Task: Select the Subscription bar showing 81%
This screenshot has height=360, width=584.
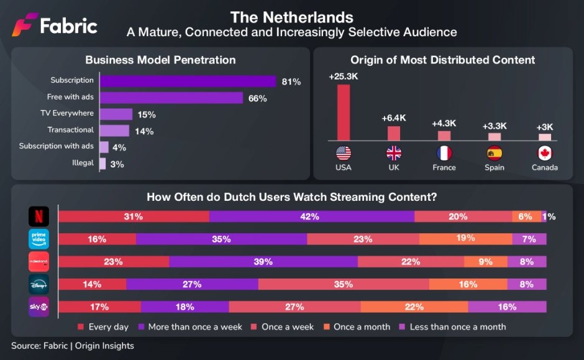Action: point(188,81)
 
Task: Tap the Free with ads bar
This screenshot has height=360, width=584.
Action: point(171,98)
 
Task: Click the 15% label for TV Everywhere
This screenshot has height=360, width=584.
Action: point(147,114)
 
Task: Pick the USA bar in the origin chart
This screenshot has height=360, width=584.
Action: point(344,112)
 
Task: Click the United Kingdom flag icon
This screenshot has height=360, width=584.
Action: point(393,153)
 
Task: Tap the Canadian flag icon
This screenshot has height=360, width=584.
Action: point(544,153)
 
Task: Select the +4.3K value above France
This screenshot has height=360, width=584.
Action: point(444,124)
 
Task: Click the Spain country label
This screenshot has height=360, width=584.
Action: point(494,168)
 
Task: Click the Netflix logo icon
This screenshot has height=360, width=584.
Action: point(39,216)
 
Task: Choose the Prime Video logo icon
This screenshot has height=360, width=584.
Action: point(39,239)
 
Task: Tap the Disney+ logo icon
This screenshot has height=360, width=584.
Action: point(39,284)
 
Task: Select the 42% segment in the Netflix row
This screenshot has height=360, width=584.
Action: point(311,216)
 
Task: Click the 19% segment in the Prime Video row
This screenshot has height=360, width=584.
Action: point(465,239)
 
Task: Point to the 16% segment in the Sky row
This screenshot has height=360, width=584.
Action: point(507,307)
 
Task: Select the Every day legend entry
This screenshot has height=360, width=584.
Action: point(104,326)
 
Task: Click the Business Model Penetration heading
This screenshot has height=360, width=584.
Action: point(160,60)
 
